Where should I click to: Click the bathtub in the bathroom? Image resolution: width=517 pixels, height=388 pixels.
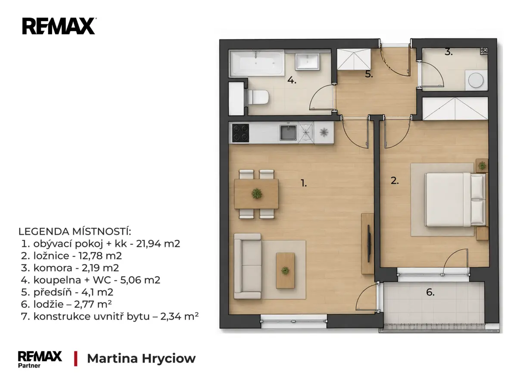point(257,63)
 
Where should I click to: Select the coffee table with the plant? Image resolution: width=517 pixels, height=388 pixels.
point(285,270)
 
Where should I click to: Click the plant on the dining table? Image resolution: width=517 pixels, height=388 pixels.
point(256,194)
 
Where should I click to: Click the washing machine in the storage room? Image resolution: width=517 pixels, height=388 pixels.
point(476,80)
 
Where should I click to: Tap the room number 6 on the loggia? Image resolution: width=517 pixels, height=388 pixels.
point(430,292)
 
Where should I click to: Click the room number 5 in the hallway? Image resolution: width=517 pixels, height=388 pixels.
point(369,74)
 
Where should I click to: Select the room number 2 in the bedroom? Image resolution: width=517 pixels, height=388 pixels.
point(395,181)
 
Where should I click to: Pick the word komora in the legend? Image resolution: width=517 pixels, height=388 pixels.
point(53,268)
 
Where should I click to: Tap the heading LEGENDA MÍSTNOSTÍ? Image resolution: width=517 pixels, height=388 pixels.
point(75,232)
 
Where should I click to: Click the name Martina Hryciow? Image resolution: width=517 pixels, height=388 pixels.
point(141,358)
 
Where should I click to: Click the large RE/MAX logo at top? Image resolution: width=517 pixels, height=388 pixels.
point(59,26)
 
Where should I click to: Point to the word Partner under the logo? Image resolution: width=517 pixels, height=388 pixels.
point(29,366)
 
